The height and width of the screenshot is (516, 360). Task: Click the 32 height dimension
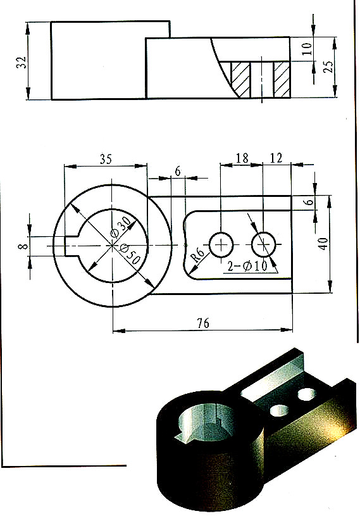coord(22,61)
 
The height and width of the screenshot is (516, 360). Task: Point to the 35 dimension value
coord(106,159)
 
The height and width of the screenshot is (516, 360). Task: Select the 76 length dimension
coord(202,323)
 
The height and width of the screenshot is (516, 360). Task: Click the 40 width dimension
coord(323,244)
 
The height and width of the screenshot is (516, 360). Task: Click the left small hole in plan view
coord(220,244)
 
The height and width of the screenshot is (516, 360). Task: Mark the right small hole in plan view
coord(263,244)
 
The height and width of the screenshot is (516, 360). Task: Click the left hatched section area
coord(241,79)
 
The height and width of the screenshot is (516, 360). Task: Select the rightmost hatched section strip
coord(282,79)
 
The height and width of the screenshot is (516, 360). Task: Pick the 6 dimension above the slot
coord(177,172)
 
